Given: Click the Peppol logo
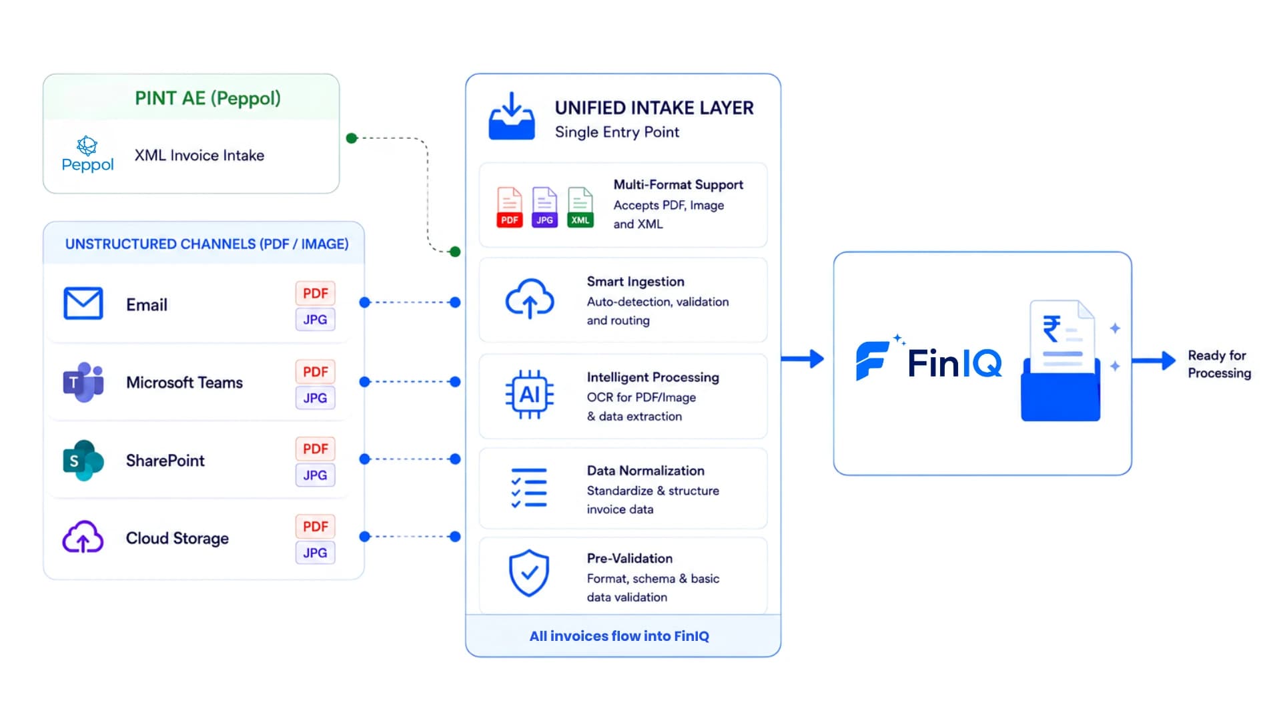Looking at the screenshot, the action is [87, 154].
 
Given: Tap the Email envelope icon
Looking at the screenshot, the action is [83, 304].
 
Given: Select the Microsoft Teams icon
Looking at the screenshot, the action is [83, 382].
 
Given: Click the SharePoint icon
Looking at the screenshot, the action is [83, 460].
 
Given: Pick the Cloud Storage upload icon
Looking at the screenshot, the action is [83, 537].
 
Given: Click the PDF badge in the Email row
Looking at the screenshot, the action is [316, 293].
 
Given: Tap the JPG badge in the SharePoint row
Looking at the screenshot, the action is [316, 475].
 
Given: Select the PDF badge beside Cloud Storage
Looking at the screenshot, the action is [316, 527].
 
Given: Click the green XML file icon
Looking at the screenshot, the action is [580, 208].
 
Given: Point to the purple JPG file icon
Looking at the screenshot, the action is [545, 208].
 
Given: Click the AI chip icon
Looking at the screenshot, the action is [530, 395].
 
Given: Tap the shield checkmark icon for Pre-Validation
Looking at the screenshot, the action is [529, 573].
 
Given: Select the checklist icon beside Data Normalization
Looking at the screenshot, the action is [529, 488].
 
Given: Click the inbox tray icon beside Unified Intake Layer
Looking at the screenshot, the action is [512, 116].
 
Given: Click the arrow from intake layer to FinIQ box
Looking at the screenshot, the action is [803, 359].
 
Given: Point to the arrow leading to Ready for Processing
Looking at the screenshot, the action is [1154, 360].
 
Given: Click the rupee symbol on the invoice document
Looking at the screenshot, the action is [1052, 328].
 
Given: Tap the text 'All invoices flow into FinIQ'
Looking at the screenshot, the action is [619, 636].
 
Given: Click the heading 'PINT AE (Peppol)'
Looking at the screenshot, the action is [207, 98].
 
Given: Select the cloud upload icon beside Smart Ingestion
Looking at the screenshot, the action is [530, 298].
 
